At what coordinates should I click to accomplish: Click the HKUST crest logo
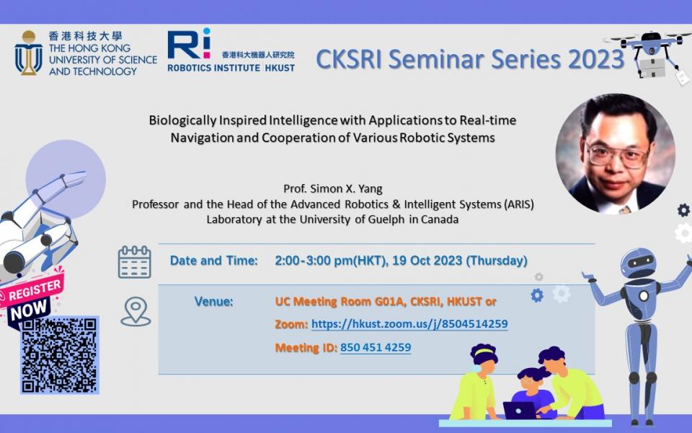pyautogui.click(x=29, y=53)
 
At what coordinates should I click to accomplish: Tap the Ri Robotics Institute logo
pyautogui.click(x=190, y=44)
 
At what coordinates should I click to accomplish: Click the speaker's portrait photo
pyautogui.click(x=615, y=153)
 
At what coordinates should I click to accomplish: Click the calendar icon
pyautogui.click(x=134, y=261)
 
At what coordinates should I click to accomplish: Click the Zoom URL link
pyautogui.click(x=409, y=325)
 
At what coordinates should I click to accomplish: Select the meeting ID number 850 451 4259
pyautogui.click(x=376, y=348)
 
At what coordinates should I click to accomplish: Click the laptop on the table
pyautogui.click(x=519, y=410)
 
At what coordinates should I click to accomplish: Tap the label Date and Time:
pyautogui.click(x=214, y=261)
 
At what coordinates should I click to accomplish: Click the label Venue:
pyautogui.click(x=214, y=301)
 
